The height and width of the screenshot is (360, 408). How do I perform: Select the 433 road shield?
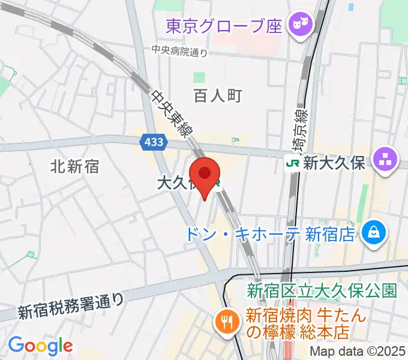pyautogui.click(x=152, y=142)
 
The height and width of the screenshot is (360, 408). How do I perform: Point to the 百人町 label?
pyautogui.click(x=217, y=95)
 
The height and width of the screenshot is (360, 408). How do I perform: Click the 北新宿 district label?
pyautogui.click(x=74, y=166)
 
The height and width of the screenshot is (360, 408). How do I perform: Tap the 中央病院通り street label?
pyautogui.click(x=179, y=52)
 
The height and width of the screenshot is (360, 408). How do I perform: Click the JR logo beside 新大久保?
pyautogui.click(x=293, y=162)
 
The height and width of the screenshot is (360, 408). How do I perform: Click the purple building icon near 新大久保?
pyautogui.click(x=385, y=160)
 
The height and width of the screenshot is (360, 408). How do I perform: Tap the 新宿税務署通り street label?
pyautogui.click(x=70, y=305)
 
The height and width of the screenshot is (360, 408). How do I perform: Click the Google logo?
pyautogui.click(x=40, y=346)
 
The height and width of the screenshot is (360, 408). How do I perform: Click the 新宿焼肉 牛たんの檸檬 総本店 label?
pyautogui.click(x=300, y=322)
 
